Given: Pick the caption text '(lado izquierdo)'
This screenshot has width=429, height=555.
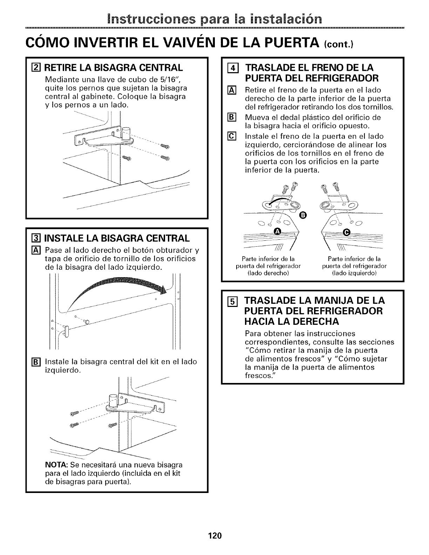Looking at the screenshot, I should [354, 273].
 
